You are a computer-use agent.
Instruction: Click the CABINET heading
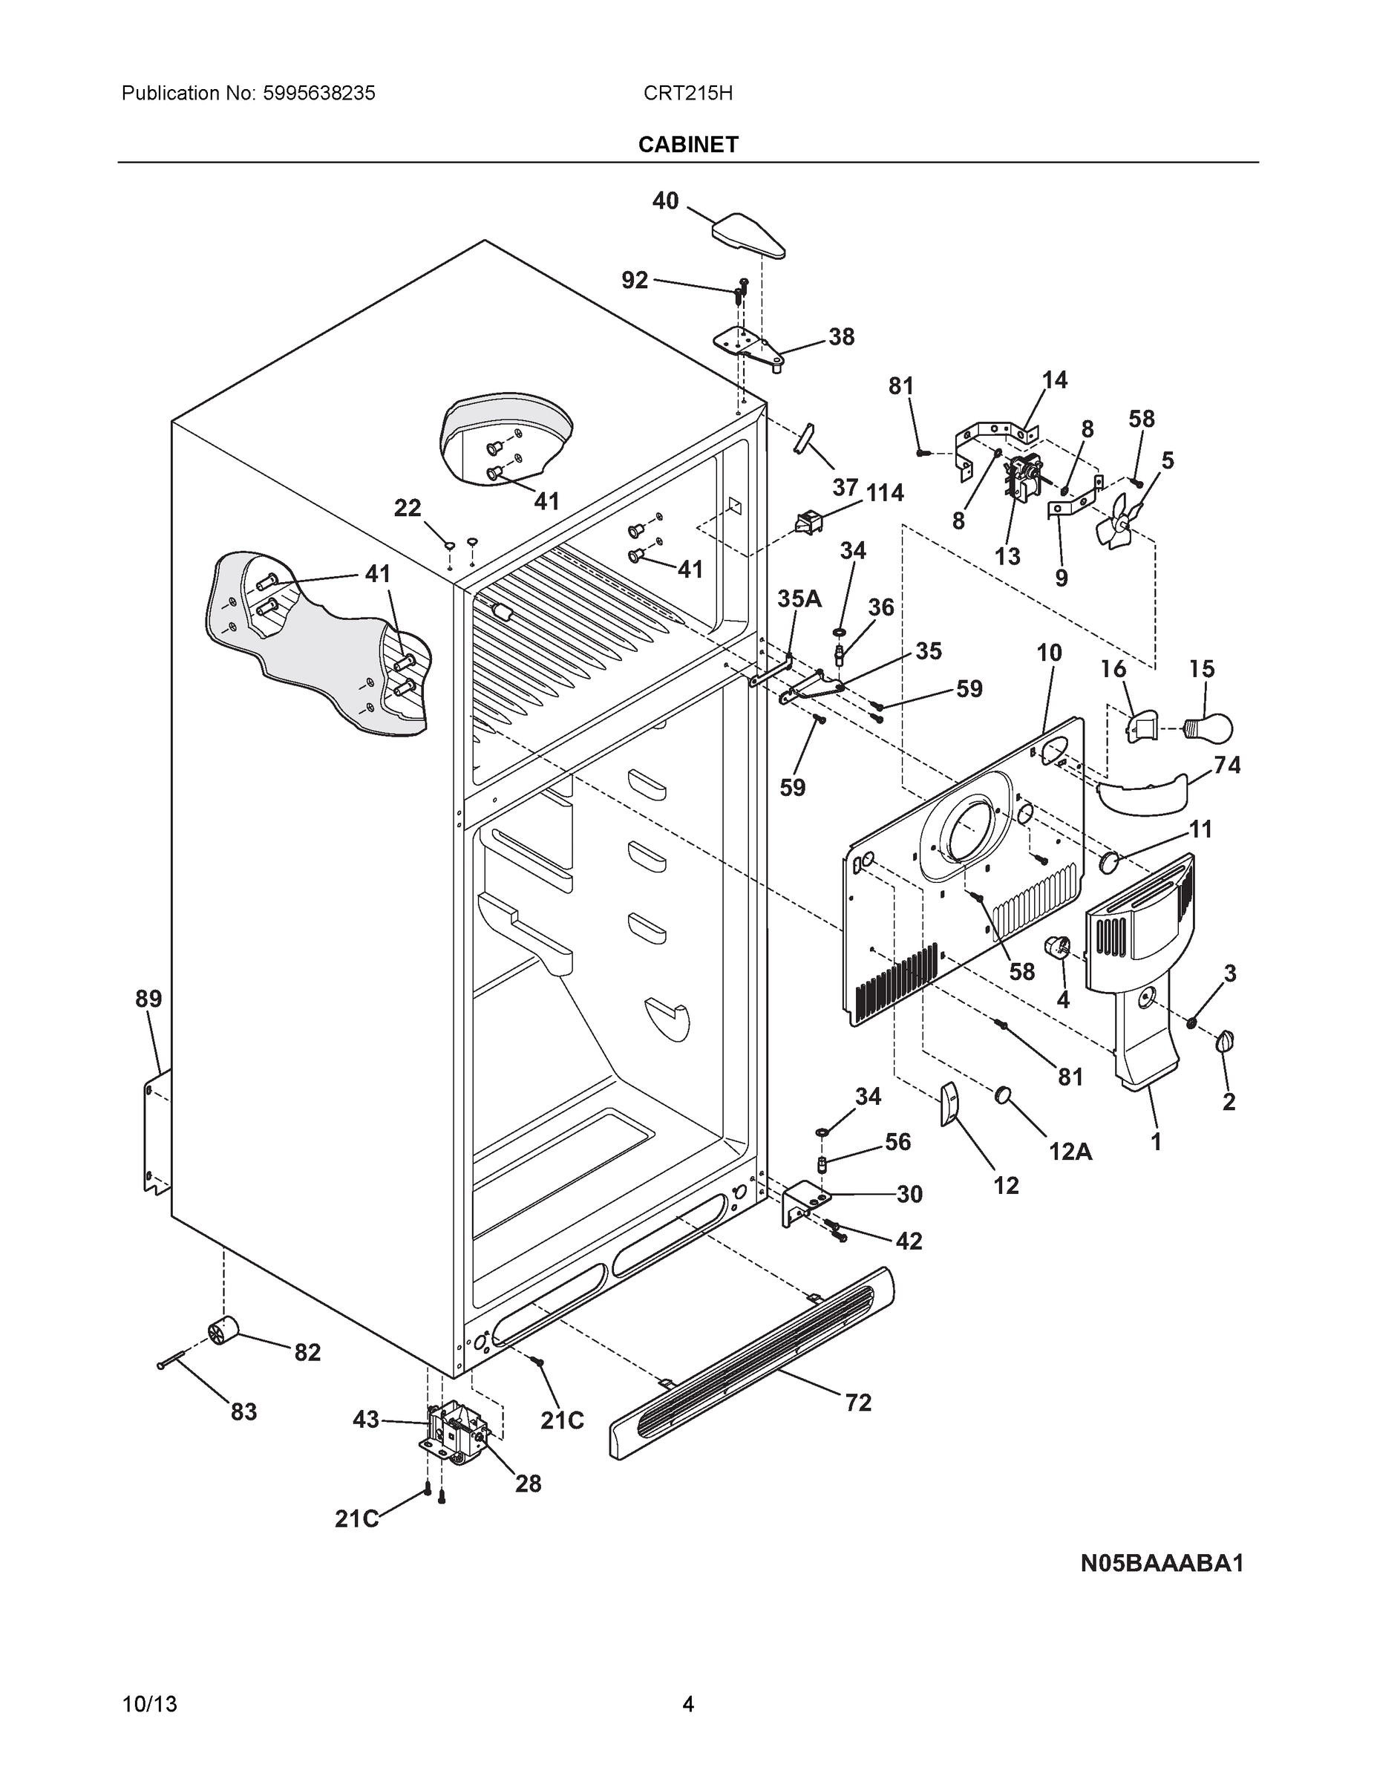[687, 145]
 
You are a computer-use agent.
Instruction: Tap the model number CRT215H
[687, 93]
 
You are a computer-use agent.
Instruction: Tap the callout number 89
[148, 999]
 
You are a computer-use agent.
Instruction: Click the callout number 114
[884, 493]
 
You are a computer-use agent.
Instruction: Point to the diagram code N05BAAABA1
[1162, 1563]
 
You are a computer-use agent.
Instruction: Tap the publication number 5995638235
[319, 93]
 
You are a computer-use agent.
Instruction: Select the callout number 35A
[799, 599]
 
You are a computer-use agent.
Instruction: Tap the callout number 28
[528, 1484]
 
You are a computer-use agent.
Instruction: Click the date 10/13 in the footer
[149, 1705]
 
